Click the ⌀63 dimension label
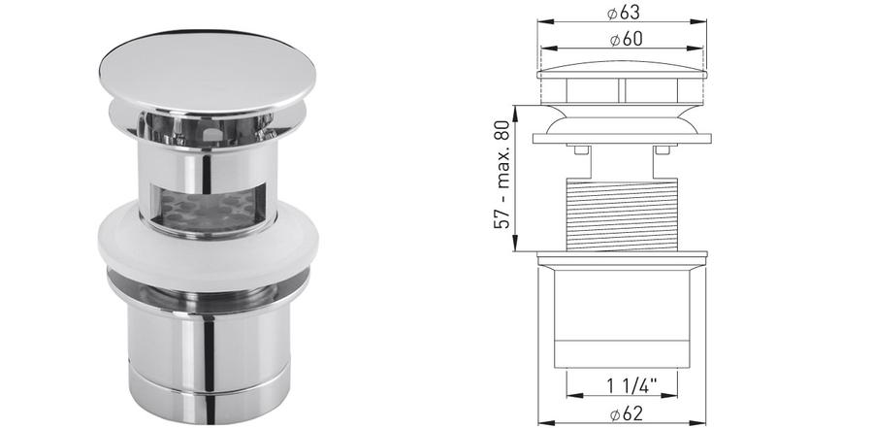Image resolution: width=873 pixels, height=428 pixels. pos(623,13)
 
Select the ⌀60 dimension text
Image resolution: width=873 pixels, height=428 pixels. pos(627,39)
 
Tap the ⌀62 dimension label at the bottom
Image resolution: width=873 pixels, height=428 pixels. pos(627,413)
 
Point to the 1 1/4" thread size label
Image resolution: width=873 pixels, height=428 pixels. pos(631,384)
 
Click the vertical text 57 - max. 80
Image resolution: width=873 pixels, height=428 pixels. pos(502,175)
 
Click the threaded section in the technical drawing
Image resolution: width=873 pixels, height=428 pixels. pos(622,214)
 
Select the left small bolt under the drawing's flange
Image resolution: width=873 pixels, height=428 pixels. pos(579,149)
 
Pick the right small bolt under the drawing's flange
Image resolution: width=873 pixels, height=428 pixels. pos(663,149)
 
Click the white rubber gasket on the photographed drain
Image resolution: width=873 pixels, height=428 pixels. pos(208,246)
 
